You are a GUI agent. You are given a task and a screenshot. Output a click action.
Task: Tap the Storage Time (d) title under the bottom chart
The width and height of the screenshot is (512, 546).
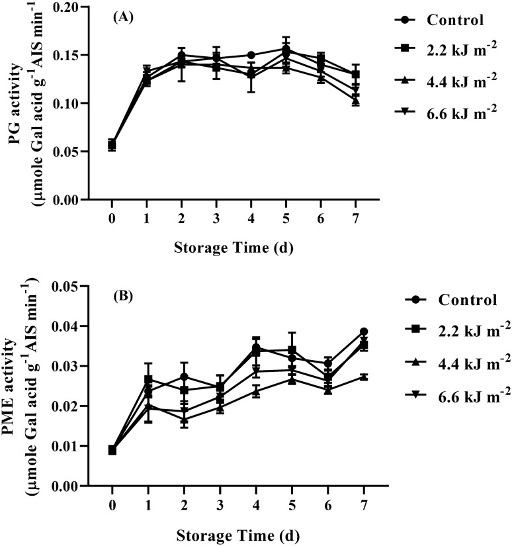pos(234,529)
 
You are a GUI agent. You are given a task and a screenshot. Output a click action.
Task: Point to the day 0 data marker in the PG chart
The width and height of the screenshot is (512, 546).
pos(112,145)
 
